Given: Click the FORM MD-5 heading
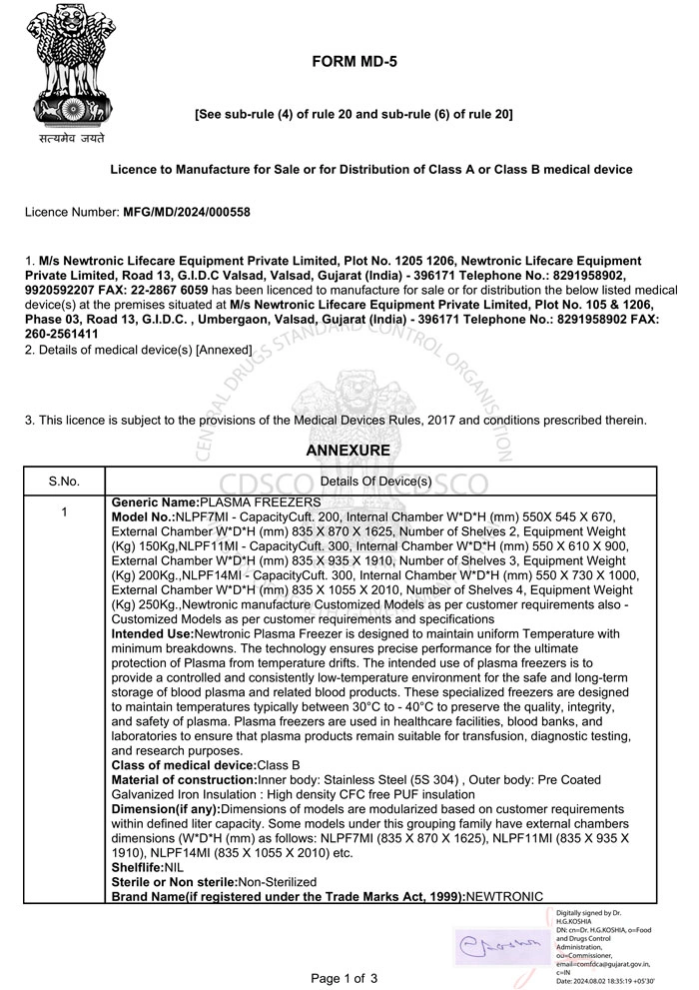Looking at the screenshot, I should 354,61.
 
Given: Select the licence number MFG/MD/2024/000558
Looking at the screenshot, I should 185,212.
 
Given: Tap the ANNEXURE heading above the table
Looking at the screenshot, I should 349,451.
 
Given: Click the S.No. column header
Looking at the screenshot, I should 64,481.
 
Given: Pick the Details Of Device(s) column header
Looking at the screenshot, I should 375,481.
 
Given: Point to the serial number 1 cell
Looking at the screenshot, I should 64,512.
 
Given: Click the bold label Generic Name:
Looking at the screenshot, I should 156,500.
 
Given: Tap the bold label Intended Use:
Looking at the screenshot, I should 155,634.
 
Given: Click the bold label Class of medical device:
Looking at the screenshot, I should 185,764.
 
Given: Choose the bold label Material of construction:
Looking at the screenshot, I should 185,779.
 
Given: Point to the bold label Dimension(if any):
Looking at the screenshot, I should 166,808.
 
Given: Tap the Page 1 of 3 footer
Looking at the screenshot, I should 345,978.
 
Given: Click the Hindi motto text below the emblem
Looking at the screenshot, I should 72,139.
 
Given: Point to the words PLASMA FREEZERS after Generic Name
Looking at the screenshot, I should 260,500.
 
